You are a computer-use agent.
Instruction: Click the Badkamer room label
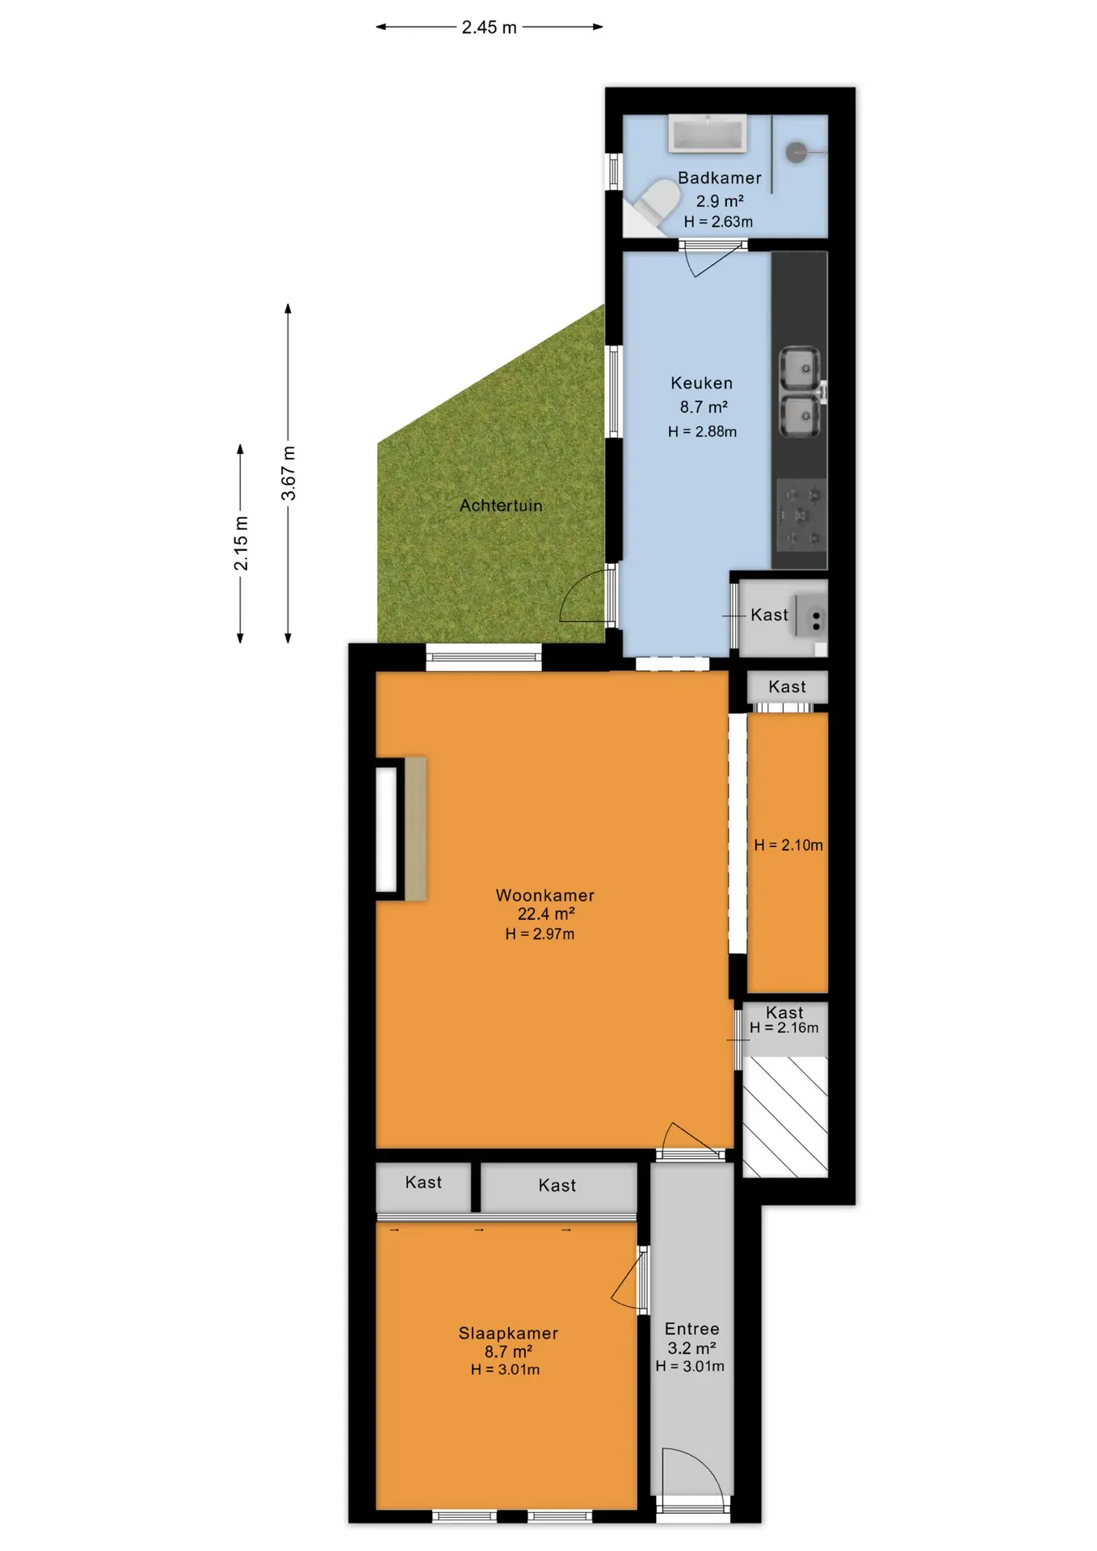pos(719,178)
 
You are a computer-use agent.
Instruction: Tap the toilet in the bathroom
pos(654,204)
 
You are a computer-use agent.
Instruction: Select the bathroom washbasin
pos(707,134)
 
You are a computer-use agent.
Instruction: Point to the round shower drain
pos(796,151)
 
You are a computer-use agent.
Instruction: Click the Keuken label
pos(701,383)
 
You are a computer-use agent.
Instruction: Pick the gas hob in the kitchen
pos(801,515)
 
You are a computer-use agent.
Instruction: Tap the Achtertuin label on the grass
pos(501,506)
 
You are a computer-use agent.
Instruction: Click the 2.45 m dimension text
pos(489,27)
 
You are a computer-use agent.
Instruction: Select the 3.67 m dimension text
pos(288,473)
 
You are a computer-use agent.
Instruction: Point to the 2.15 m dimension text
pos(241,543)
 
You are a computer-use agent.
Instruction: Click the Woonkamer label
pos(545,895)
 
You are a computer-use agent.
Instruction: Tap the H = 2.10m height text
pos(788,845)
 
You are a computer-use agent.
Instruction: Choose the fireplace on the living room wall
pos(401,829)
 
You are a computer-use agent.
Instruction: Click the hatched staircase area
pos(785,1116)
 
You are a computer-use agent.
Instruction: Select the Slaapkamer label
pos(508,1333)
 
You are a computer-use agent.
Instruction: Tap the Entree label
pos(691,1329)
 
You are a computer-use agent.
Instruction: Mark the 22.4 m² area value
pos(546,914)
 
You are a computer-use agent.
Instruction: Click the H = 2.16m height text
pos(784,1028)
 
